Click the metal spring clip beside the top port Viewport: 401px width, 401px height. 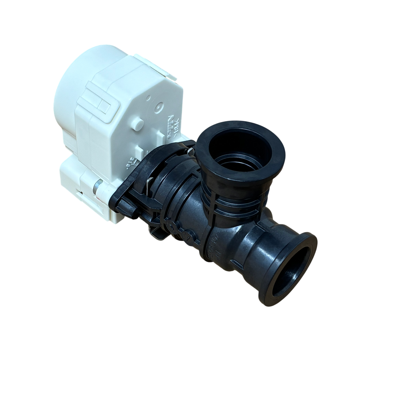[x=189, y=151]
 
